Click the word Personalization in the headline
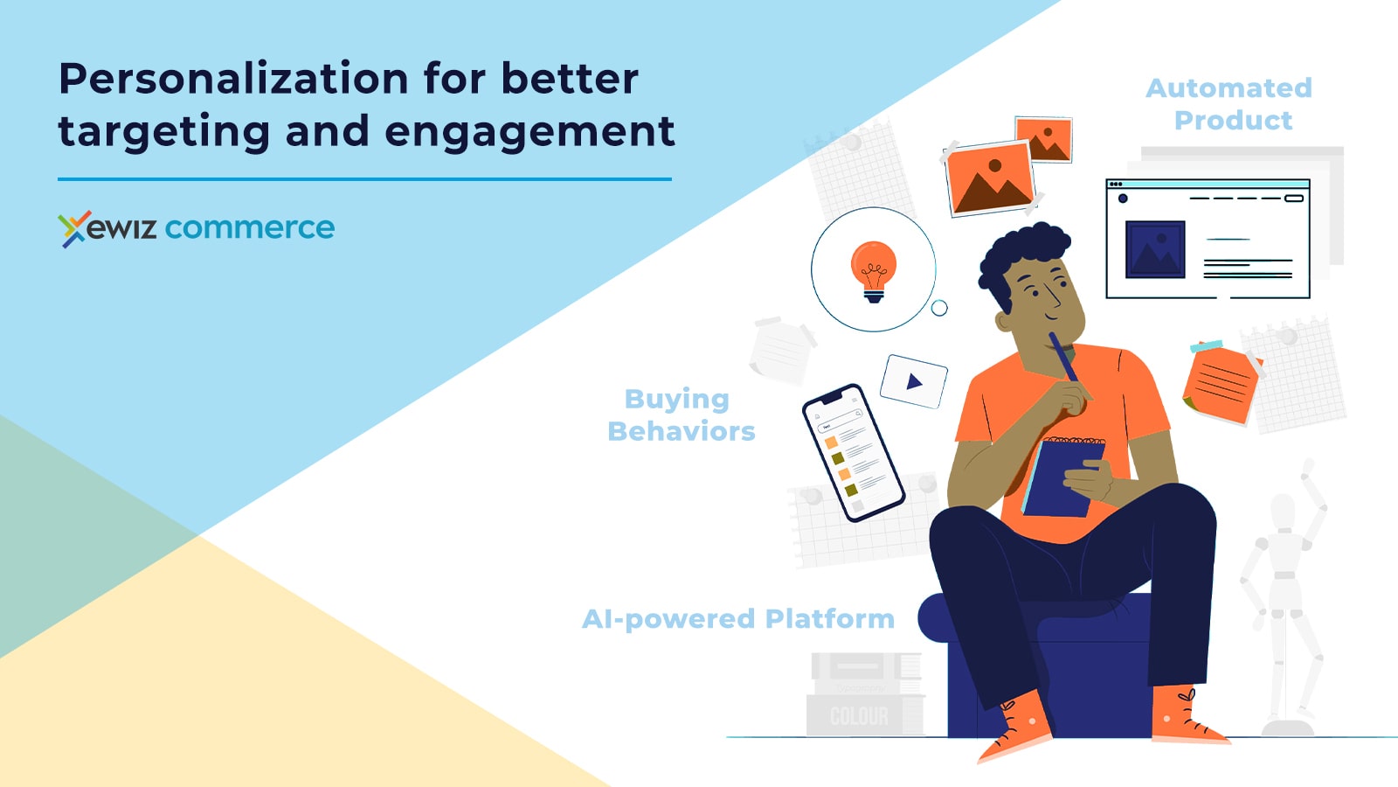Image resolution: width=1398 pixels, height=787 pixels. click(233, 80)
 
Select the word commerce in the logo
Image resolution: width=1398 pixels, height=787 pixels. click(250, 227)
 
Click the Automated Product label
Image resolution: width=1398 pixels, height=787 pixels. click(1229, 104)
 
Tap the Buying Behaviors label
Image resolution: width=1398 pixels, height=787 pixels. click(681, 414)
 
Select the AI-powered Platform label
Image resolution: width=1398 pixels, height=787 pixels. click(738, 619)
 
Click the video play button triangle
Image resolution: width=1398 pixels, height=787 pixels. click(914, 381)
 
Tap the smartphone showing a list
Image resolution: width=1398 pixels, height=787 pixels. click(853, 453)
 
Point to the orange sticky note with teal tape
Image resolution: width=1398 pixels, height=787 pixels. click(1222, 382)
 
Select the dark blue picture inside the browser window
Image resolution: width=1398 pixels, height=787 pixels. click(1155, 249)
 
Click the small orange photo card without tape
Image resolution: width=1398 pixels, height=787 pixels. click(1043, 139)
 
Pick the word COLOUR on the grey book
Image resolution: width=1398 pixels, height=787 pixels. click(859, 716)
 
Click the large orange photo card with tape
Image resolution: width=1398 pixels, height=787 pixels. click(991, 178)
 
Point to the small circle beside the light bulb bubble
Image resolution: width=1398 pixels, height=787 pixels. click(939, 308)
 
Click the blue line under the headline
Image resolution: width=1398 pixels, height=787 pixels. click(364, 179)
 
